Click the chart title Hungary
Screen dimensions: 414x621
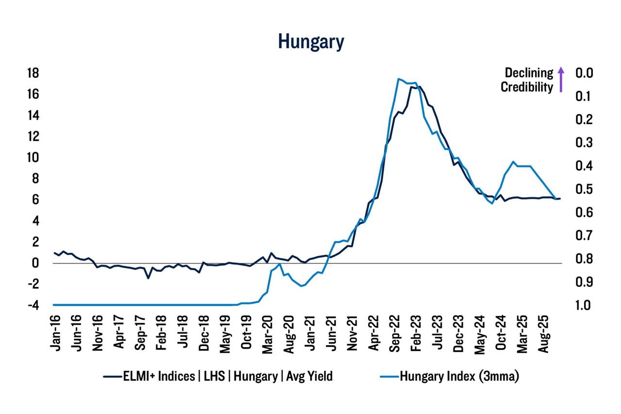pos(311,42)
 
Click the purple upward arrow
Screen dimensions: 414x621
pos(561,80)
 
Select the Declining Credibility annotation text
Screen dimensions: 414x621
pos(527,80)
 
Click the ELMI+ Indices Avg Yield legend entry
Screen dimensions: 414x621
pos(218,377)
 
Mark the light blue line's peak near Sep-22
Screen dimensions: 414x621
pos(398,79)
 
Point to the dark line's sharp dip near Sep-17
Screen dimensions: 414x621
pos(148,278)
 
